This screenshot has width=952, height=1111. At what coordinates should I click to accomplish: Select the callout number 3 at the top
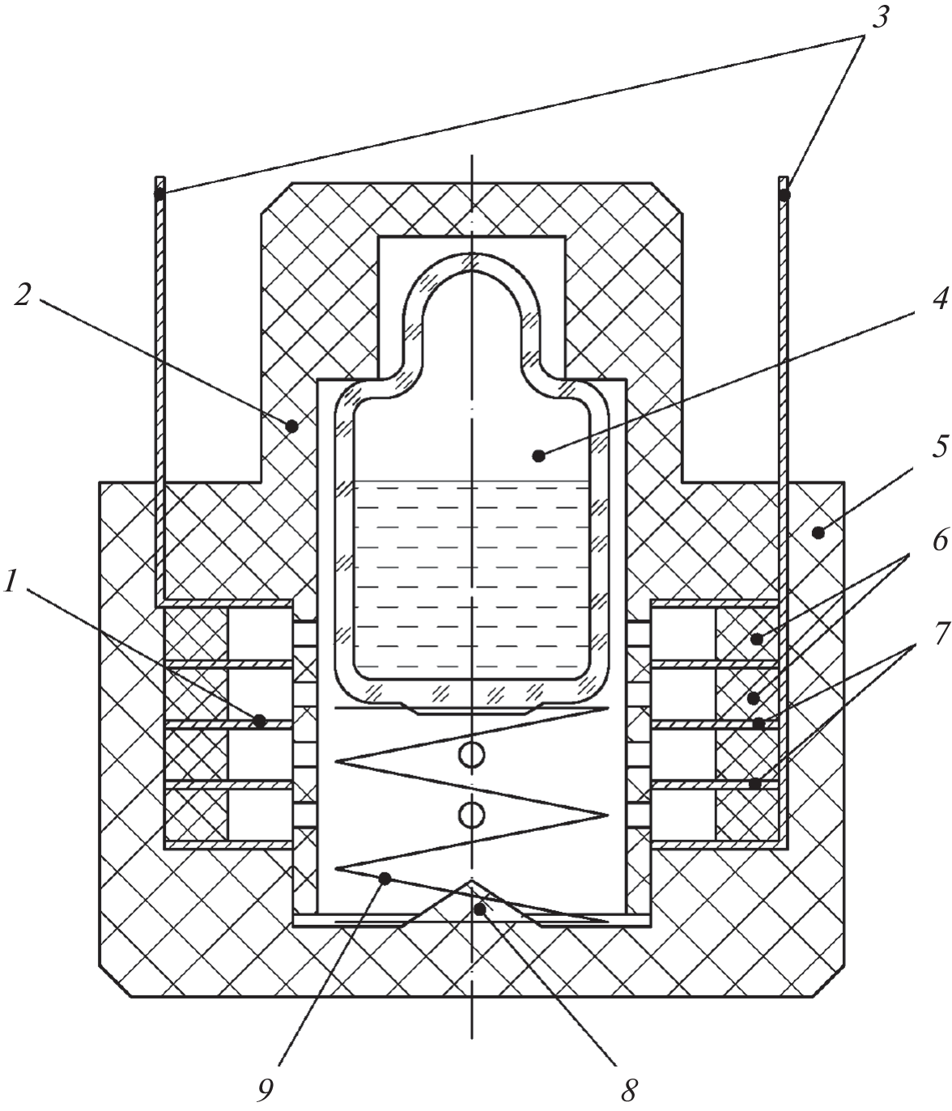(x=880, y=18)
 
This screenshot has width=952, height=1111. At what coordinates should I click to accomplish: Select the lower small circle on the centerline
(x=471, y=815)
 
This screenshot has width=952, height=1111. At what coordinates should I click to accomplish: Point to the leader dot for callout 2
(x=291, y=423)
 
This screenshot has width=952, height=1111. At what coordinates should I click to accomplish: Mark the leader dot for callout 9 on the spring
(x=386, y=878)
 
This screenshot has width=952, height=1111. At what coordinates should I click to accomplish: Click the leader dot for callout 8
(x=480, y=910)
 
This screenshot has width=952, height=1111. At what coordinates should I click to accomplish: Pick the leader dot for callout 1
(x=260, y=720)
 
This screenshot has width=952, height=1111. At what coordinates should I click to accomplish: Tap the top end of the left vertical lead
(x=160, y=180)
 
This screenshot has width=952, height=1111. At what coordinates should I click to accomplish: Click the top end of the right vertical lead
(x=784, y=180)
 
